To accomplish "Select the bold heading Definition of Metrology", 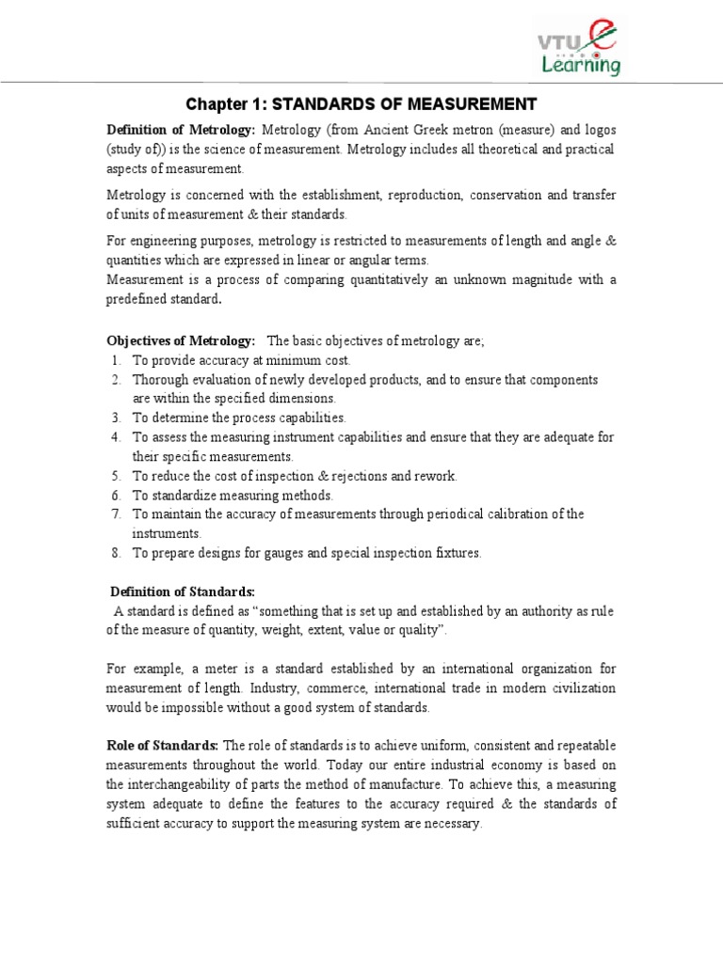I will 182,129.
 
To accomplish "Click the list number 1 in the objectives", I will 115,360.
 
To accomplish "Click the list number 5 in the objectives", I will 115,476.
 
